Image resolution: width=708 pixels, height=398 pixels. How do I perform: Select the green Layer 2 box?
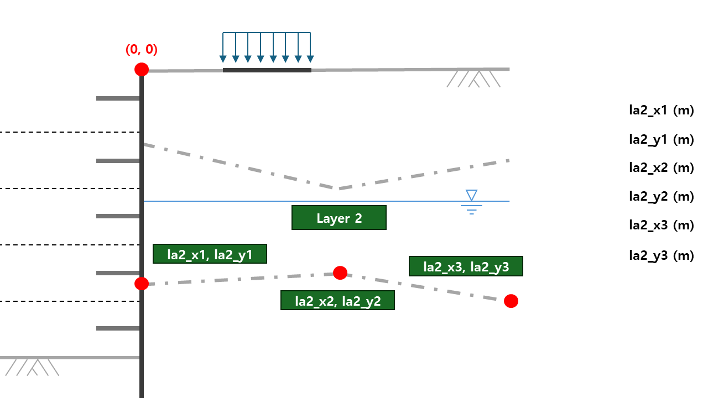point(339,218)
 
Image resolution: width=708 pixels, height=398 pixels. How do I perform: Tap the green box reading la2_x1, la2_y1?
point(210,254)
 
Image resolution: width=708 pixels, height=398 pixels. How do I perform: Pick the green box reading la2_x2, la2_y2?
point(337,300)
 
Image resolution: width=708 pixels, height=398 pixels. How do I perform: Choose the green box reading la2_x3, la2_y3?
point(466,266)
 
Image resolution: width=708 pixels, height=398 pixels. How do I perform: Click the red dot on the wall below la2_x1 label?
point(142,284)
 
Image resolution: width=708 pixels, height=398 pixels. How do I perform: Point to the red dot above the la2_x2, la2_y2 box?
point(340,273)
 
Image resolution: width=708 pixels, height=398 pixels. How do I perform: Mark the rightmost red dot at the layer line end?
point(511,301)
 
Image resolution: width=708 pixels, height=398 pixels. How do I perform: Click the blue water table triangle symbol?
point(471,195)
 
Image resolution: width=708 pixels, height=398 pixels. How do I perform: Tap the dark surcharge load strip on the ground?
point(267,70)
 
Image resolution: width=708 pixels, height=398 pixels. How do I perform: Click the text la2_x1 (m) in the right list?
point(661,110)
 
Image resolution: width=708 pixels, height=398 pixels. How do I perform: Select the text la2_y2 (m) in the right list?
point(661,196)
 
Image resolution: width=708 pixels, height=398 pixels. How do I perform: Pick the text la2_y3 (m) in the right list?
point(661,255)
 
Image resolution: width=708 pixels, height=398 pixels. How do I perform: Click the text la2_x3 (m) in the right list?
point(661,226)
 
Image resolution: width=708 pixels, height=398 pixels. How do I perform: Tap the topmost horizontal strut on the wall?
point(118,98)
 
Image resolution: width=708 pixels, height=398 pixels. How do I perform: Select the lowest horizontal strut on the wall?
point(118,328)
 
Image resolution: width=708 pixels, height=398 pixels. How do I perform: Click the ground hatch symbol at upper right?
point(474,79)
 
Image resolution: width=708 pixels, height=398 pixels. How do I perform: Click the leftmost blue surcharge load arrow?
point(223,48)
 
